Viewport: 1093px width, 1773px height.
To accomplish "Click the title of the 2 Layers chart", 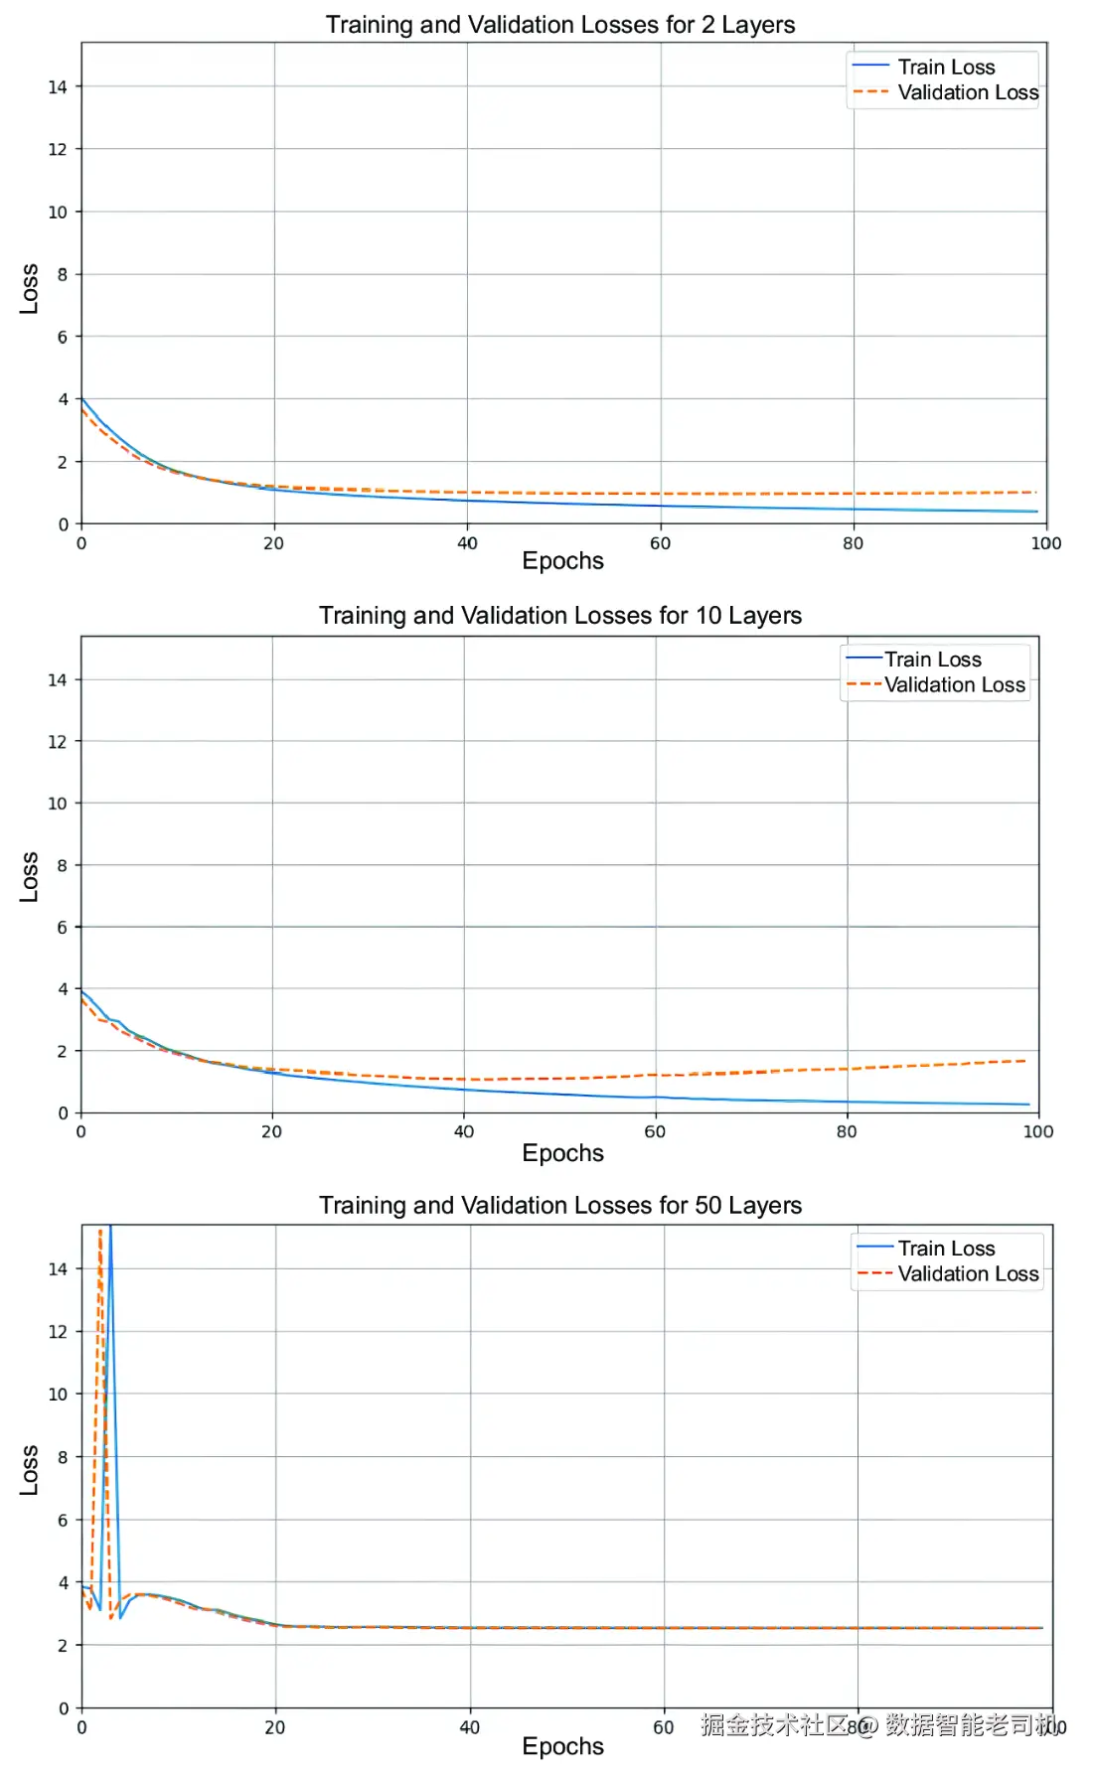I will coord(560,25).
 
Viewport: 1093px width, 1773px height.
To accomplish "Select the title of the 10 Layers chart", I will coord(560,616).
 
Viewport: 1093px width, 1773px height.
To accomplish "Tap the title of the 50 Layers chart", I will coord(560,1206).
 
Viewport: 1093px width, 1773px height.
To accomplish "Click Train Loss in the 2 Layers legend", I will coord(946,68).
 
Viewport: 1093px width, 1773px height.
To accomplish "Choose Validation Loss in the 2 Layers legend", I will coord(968,92).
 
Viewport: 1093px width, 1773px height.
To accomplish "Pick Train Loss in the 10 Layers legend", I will coord(933,660).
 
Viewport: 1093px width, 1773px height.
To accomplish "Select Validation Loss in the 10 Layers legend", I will coord(955,685).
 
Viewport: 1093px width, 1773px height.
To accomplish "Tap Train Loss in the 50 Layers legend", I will coord(946,1249).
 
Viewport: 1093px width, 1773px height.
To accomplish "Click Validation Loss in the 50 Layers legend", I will coord(968,1274).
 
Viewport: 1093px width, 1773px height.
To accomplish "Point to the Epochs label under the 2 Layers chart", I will coord(562,561).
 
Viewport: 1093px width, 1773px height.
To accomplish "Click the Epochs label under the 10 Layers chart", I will coord(562,1153).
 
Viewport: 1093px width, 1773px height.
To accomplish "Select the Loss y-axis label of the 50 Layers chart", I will coord(29,1470).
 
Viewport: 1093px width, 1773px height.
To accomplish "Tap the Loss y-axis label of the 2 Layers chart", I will coord(29,289).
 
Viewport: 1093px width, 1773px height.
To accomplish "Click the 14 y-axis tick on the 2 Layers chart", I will coord(58,87).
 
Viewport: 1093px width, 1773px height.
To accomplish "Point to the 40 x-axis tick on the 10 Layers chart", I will coord(464,1132).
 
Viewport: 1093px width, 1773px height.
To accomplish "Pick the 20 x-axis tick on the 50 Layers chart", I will coord(275,1728).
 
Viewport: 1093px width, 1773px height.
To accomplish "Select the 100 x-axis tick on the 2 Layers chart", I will coord(1045,544).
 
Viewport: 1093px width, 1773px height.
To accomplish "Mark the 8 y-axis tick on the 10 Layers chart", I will coord(62,866).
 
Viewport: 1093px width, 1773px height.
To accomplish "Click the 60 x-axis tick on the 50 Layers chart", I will coord(663,1728).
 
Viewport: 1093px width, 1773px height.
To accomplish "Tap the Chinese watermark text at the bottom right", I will coord(879,1725).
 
